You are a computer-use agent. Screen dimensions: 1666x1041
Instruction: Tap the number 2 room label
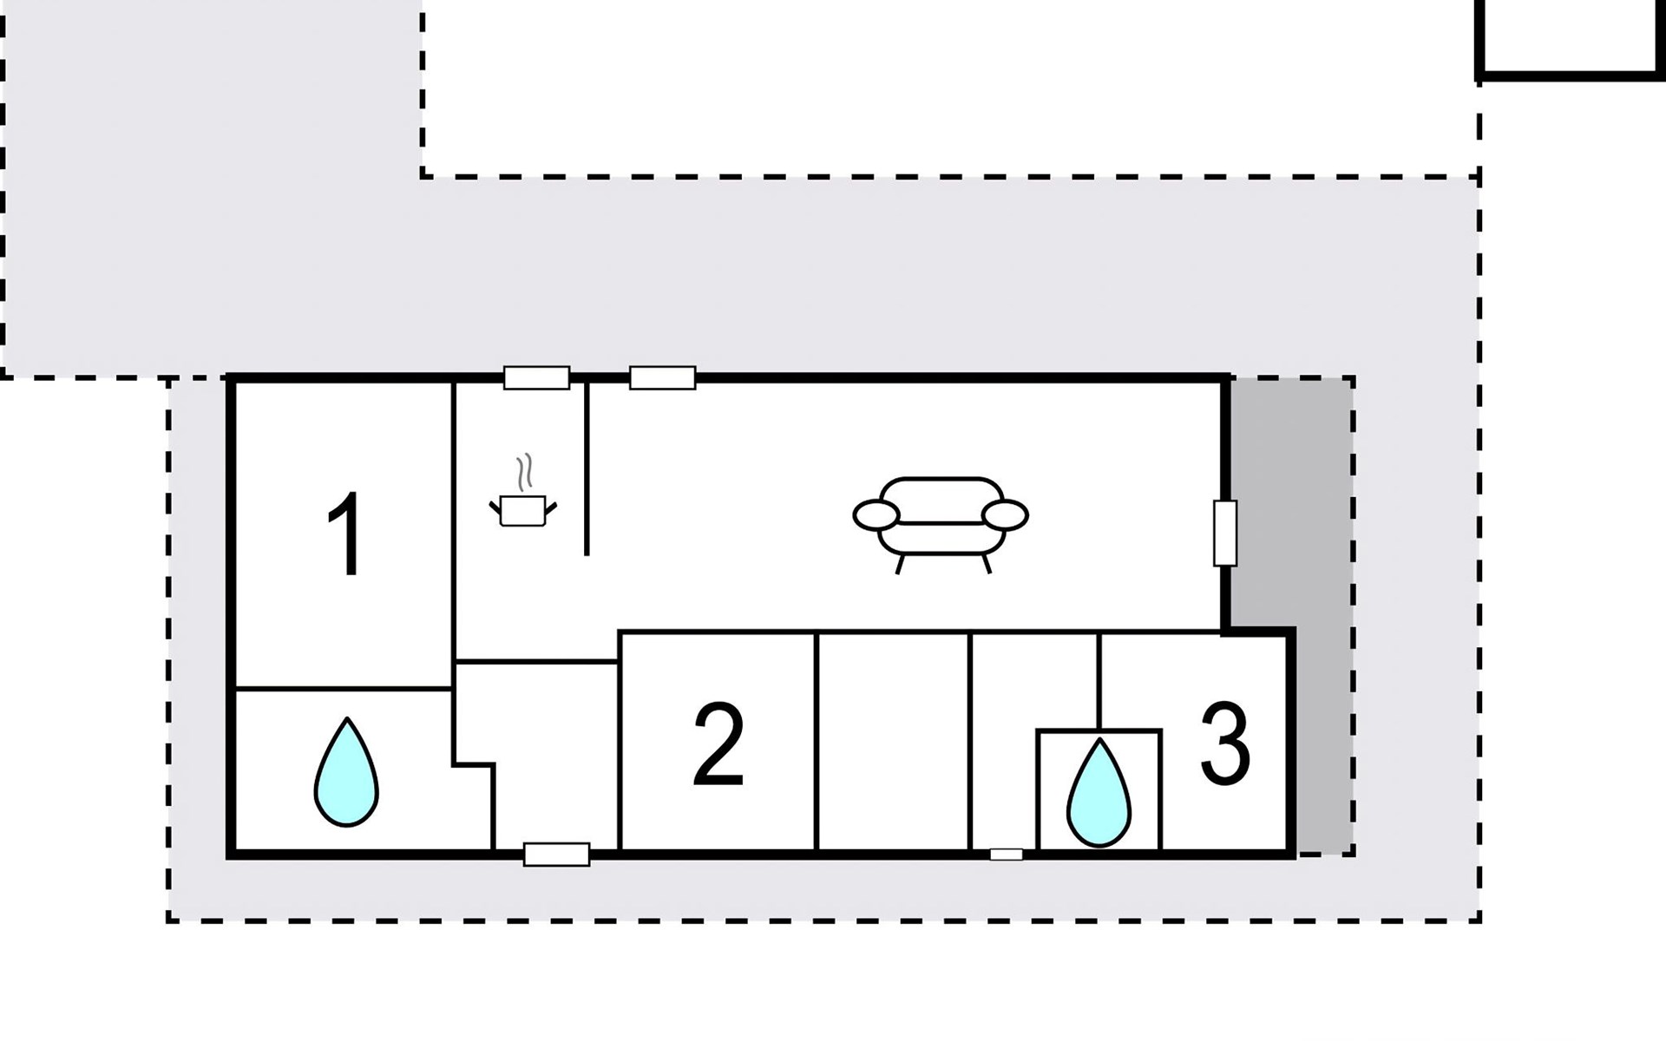pos(719,743)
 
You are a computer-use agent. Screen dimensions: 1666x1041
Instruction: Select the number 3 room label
pos(1225,743)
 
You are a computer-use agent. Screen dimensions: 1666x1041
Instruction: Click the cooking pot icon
pos(522,511)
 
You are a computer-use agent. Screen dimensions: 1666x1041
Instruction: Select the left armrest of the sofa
pos(876,515)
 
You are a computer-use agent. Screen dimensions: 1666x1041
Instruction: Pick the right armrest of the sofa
pos(1006,515)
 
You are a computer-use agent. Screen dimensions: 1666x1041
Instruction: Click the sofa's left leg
pos(900,565)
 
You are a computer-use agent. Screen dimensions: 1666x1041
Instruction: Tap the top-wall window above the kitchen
pos(537,378)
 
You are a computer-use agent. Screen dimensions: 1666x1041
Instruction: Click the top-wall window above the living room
pos(662,378)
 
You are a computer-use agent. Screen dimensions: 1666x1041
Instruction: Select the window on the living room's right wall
pos(1225,533)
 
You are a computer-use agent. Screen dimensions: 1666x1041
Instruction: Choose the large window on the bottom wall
pos(557,854)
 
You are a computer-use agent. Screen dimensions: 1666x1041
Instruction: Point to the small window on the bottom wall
pos(1007,854)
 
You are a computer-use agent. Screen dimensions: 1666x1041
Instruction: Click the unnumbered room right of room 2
pos(893,742)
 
